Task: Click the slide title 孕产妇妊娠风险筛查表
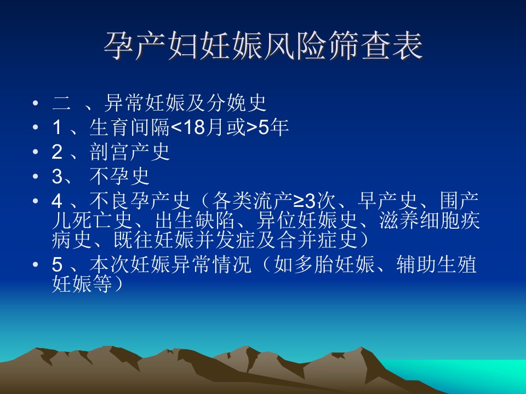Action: click(263, 46)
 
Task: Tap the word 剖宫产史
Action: click(130, 152)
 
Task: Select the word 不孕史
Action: click(119, 176)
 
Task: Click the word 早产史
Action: click(387, 201)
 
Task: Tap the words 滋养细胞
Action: click(419, 221)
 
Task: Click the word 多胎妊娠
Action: click(334, 264)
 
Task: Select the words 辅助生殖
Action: click(437, 264)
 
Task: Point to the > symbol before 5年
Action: click(252, 128)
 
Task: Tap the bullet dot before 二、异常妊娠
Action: click(36, 102)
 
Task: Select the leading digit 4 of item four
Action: click(57, 201)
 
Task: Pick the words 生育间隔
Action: click(130, 128)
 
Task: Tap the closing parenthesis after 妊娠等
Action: click(118, 284)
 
